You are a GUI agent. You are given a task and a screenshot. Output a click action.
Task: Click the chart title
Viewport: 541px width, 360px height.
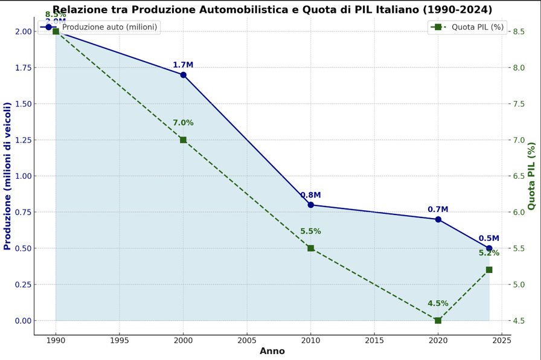[272, 10]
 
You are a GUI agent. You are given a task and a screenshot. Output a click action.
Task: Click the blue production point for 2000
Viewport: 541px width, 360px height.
[183, 75]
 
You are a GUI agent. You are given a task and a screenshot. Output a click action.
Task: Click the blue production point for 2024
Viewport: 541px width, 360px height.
[489, 248]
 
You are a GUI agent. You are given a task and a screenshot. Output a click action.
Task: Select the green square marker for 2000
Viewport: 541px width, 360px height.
[183, 140]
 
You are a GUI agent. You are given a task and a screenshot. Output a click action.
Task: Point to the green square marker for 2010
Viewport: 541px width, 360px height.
[310, 248]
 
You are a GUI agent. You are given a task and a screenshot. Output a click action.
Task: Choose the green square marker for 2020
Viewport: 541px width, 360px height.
[438, 320]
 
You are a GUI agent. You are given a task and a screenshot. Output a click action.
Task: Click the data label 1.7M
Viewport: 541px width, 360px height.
[183, 65]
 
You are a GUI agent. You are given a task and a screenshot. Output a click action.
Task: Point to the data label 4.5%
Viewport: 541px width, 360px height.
[438, 304]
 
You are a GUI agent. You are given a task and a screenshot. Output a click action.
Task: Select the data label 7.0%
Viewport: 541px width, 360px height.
[183, 123]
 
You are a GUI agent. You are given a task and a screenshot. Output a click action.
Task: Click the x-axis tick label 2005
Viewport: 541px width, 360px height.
[247, 340]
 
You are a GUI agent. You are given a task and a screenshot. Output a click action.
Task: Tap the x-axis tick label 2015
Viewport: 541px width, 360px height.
[374, 340]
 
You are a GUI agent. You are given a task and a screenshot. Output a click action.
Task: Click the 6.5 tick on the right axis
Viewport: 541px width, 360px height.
[521, 176]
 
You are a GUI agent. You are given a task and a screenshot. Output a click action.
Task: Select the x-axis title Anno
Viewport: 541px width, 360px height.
[272, 352]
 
